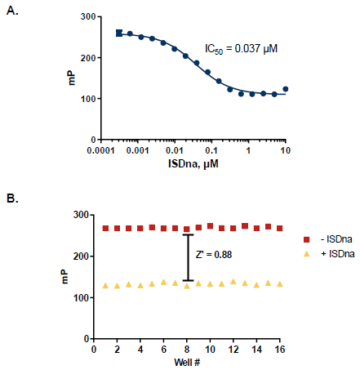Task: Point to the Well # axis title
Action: (x=187, y=362)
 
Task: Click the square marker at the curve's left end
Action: (x=119, y=33)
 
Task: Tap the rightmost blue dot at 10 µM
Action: (x=285, y=89)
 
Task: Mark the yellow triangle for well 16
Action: (x=280, y=284)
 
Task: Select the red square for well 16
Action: (x=280, y=229)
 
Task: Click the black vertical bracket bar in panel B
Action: (x=188, y=257)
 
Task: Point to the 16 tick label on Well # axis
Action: (x=280, y=350)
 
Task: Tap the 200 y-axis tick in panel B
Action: (x=82, y=256)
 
